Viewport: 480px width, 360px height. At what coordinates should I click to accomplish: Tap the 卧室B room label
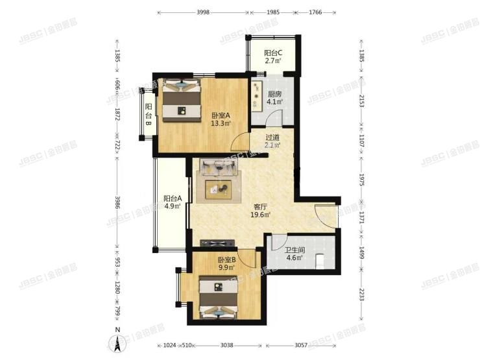coord(226,259)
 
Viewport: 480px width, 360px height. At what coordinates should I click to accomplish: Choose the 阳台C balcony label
coord(272,53)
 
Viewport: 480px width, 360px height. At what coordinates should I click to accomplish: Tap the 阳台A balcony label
coord(172,198)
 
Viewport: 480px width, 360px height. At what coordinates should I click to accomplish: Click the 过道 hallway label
coord(272,137)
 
